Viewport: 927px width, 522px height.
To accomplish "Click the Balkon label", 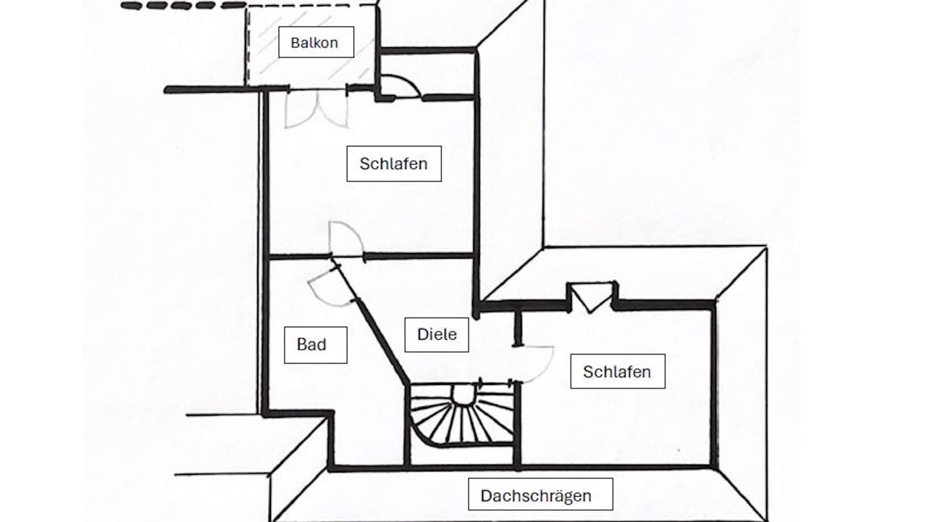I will [x=315, y=42].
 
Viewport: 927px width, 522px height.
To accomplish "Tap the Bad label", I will [x=315, y=344].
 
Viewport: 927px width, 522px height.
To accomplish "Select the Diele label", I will [x=436, y=334].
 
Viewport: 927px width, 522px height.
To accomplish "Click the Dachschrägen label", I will [x=540, y=495].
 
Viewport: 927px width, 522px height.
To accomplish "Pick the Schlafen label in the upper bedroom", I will [x=393, y=163].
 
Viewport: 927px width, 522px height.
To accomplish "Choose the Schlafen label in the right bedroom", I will [x=617, y=371].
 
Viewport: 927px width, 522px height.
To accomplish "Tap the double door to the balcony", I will [x=316, y=109].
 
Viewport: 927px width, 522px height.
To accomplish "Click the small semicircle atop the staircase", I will [x=462, y=393].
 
